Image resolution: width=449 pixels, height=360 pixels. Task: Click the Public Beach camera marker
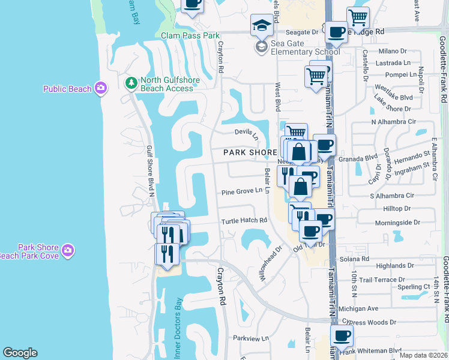pyautogui.click(x=100, y=89)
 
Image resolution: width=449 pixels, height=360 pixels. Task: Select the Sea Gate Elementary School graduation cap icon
pyautogui.click(x=261, y=47)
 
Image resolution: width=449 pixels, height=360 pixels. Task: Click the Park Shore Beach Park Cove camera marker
pyautogui.click(x=68, y=250)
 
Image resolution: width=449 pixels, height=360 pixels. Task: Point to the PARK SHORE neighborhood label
pyautogui.click(x=250, y=152)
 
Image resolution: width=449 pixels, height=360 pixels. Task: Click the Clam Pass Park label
pyautogui.click(x=190, y=35)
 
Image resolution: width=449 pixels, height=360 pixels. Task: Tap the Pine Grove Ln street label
pyautogui.click(x=243, y=191)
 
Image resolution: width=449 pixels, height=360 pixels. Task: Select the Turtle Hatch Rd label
pyautogui.click(x=243, y=221)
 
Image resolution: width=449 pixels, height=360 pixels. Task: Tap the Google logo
pyautogui.click(x=20, y=353)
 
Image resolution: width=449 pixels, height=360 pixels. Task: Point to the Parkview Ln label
pyautogui.click(x=251, y=338)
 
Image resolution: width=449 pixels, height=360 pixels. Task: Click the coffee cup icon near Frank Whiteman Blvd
pyautogui.click(x=342, y=337)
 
